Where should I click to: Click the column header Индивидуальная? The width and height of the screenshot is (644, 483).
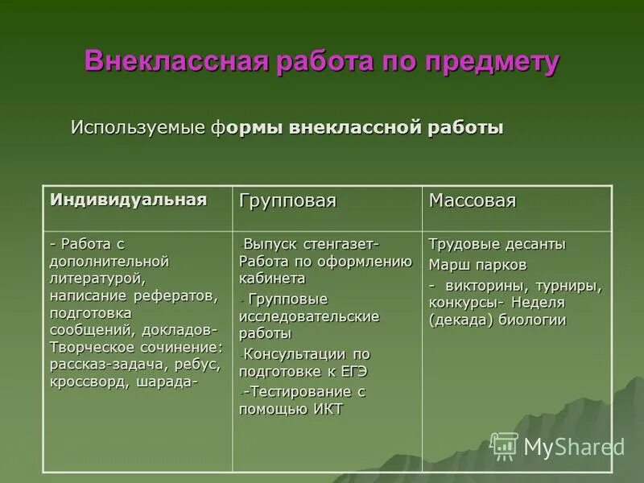(129, 199)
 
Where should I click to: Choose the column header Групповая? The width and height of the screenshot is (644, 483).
(287, 200)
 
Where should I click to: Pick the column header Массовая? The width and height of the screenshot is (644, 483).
(472, 200)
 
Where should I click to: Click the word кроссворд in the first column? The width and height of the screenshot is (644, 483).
(85, 382)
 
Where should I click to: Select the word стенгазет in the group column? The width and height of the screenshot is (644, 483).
(341, 243)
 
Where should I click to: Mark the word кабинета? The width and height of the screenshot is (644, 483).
(272, 279)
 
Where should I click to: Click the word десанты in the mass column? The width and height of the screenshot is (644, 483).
(535, 244)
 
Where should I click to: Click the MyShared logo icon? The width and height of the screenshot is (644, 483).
(504, 445)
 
